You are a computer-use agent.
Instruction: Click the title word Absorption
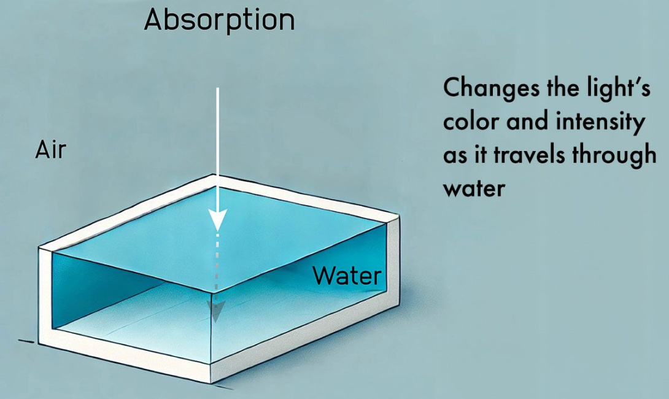point(219,20)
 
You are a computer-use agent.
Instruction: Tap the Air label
point(50,150)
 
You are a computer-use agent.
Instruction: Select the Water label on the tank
point(347,276)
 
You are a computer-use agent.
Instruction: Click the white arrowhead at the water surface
point(217,220)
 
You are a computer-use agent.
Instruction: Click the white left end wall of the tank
point(45,295)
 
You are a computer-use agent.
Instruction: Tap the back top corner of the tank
point(215,179)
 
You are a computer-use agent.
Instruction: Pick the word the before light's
point(559,89)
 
